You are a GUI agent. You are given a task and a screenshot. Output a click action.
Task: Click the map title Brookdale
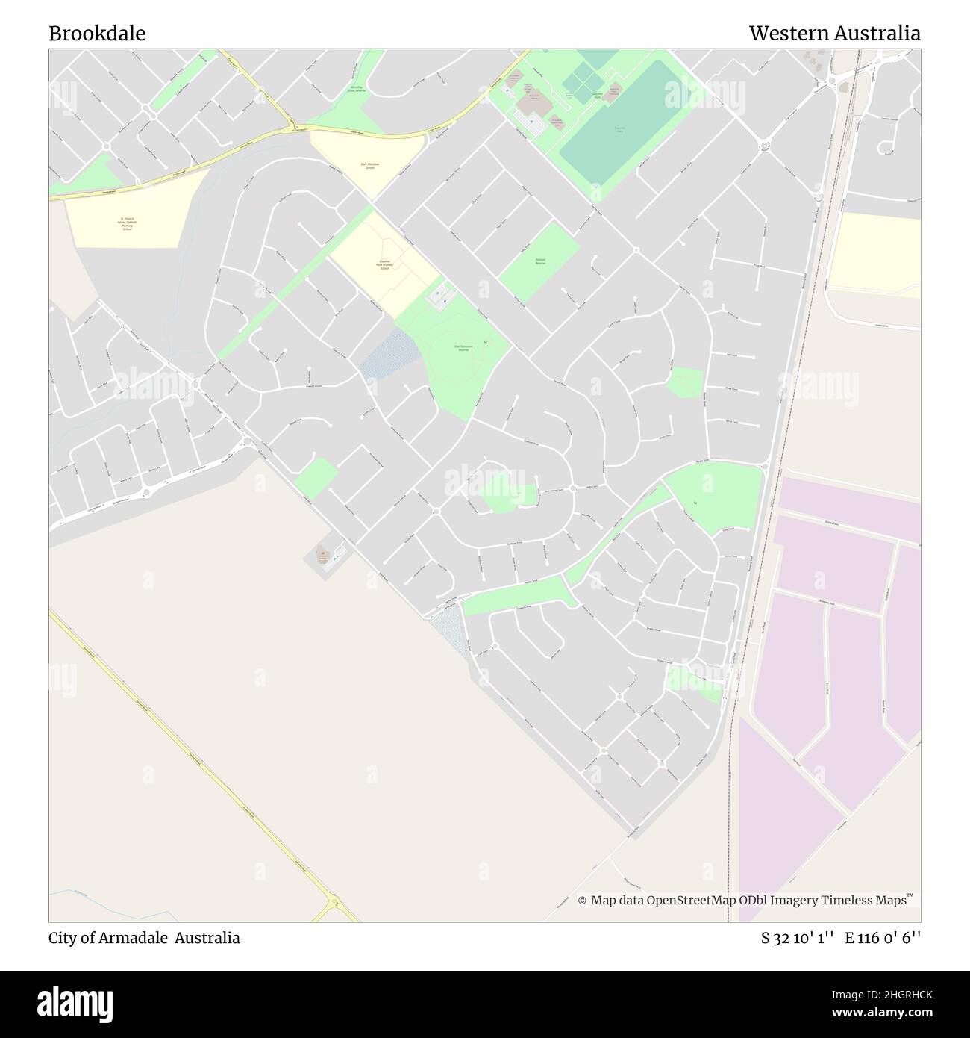tap(97, 34)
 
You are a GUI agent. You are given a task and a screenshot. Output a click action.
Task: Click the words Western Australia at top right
tap(834, 34)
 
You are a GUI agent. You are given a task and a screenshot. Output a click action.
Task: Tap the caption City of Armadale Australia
tap(145, 938)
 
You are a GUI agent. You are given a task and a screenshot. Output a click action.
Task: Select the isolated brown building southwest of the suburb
tap(324, 555)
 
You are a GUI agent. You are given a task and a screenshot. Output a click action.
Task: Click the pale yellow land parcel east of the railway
tap(877, 254)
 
